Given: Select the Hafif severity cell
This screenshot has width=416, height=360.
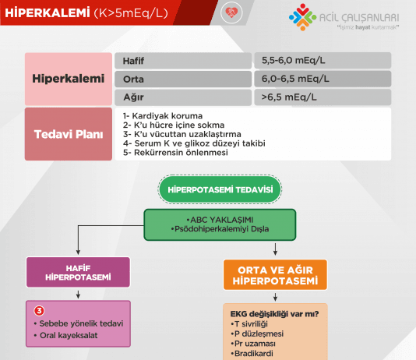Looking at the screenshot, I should coord(183,61).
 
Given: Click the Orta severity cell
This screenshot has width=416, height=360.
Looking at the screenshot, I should coord(183,79).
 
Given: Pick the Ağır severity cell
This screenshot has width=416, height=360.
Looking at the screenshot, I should coord(183,97).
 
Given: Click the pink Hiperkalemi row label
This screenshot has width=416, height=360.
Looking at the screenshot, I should coord(68,79).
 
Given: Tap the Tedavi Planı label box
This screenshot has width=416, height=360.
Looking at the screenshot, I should coord(68,134).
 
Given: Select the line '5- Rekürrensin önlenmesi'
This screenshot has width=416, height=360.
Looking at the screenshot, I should coord(175,153).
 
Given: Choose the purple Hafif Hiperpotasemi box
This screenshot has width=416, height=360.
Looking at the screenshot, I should coord(78,272).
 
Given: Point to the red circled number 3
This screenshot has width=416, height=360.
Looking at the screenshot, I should coord(39,310).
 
